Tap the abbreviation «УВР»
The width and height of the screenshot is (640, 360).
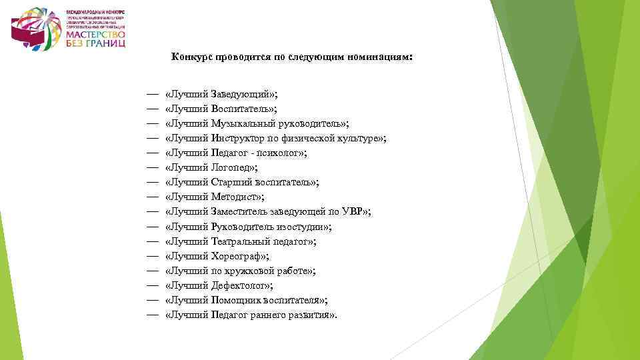pos(353,211)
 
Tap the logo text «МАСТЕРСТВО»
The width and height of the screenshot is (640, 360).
pos(94,34)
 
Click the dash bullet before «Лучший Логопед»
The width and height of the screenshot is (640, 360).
pos(152,167)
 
